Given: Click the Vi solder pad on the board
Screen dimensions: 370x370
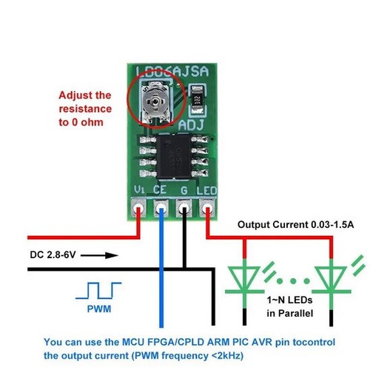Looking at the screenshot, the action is point(138,208).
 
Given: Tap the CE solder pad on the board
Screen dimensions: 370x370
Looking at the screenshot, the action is point(161,208).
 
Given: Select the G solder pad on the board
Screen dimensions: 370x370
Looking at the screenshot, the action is point(184,208).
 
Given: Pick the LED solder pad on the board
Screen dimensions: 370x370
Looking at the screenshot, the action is point(207,208).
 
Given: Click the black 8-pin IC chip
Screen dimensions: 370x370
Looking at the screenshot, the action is point(174,156).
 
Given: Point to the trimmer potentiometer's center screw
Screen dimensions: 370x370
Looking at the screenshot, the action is point(155,101).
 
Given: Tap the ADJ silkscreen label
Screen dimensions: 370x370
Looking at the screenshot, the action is point(191,125).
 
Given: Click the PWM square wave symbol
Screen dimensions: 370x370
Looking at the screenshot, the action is point(98,291).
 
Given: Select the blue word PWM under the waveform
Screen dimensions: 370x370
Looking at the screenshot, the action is point(99,309).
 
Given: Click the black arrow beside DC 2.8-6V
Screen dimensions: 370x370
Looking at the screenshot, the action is point(99,255).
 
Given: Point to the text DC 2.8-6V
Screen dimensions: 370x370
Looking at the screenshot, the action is point(53,255).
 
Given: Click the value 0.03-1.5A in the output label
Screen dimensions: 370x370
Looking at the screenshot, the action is point(332,225).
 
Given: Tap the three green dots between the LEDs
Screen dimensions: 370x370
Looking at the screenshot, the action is point(293,280).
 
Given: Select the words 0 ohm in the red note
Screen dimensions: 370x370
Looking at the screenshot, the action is point(87,122).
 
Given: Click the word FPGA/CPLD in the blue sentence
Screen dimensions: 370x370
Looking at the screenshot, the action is point(175,342).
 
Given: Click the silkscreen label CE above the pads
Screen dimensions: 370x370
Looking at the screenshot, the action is point(160,190).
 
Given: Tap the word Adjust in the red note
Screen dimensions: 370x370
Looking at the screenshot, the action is point(75,95).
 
